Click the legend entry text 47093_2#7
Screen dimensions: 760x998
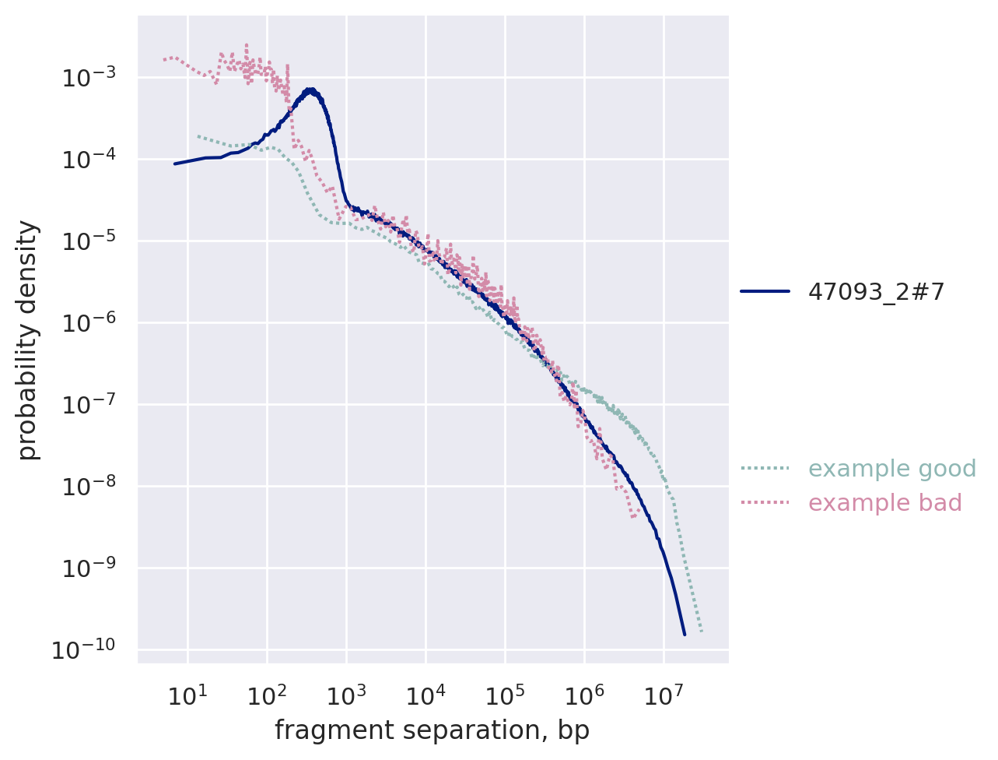pos(876,292)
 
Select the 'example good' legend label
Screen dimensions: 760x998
pos(892,469)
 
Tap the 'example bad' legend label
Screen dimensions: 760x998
pos(885,503)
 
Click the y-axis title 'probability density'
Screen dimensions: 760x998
pos(28,340)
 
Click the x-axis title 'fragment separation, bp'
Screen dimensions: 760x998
pos(432,730)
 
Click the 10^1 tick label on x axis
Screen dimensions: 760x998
pos(187,694)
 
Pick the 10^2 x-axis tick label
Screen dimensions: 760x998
pos(266,694)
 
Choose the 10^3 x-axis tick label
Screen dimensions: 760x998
pos(345,694)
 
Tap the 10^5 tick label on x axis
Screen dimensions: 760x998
pos(504,694)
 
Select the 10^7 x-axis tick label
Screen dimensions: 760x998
pos(663,694)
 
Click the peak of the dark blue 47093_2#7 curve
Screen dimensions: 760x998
pos(310,90)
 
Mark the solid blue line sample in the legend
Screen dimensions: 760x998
pos(765,292)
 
